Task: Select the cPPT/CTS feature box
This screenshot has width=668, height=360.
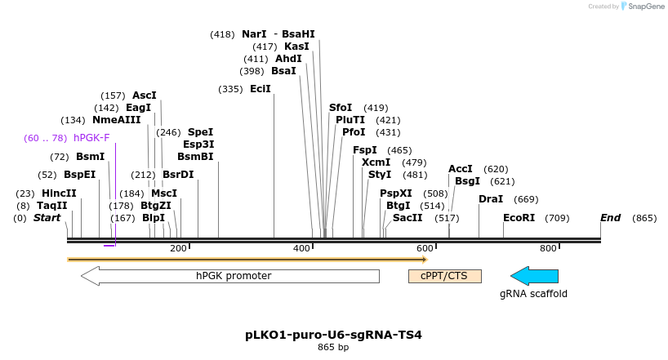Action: tap(444, 276)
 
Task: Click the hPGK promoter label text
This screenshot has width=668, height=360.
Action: tap(234, 276)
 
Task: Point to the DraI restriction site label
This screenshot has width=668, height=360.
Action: tap(491, 199)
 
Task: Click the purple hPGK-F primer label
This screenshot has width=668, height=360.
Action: tap(91, 138)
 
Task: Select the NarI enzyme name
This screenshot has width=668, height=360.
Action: tap(254, 34)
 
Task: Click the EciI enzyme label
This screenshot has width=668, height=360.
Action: tap(261, 89)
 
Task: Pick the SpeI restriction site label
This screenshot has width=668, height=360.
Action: tap(200, 131)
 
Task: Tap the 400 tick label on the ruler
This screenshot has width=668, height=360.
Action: tap(302, 248)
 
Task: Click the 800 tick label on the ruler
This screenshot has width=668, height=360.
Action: tap(548, 248)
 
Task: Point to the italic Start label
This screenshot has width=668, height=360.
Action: tap(47, 218)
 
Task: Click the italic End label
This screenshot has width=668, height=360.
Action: tap(610, 218)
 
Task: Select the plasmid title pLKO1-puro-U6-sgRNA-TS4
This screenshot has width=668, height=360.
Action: tap(333, 335)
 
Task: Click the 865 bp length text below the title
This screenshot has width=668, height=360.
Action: tap(333, 348)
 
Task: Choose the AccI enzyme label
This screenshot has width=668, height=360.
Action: tap(461, 169)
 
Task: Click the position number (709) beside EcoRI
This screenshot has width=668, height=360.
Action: tap(557, 218)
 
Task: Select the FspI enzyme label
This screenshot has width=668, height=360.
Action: tap(365, 150)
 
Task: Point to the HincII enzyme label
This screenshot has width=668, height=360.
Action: tap(59, 193)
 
